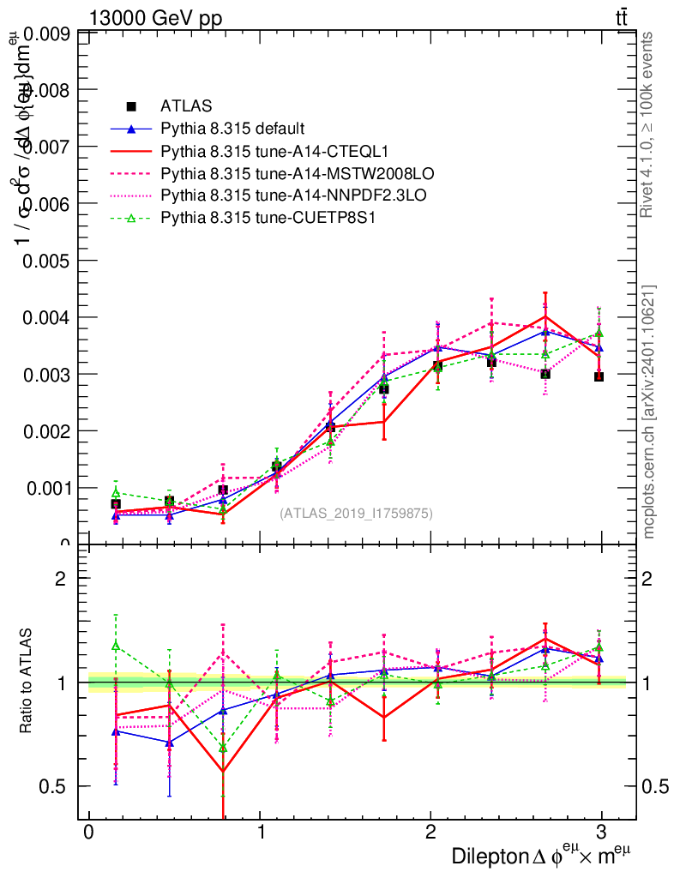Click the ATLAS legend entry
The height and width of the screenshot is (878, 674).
(186, 106)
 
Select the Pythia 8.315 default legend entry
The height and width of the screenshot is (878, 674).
(232, 129)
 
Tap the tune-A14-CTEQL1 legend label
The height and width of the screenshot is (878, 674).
(274, 151)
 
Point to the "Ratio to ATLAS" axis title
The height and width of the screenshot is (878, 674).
(27, 682)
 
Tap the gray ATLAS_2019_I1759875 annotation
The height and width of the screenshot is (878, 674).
(356, 514)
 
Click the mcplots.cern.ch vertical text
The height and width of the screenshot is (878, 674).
(649, 412)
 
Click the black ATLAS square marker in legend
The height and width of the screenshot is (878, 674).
(131, 106)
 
